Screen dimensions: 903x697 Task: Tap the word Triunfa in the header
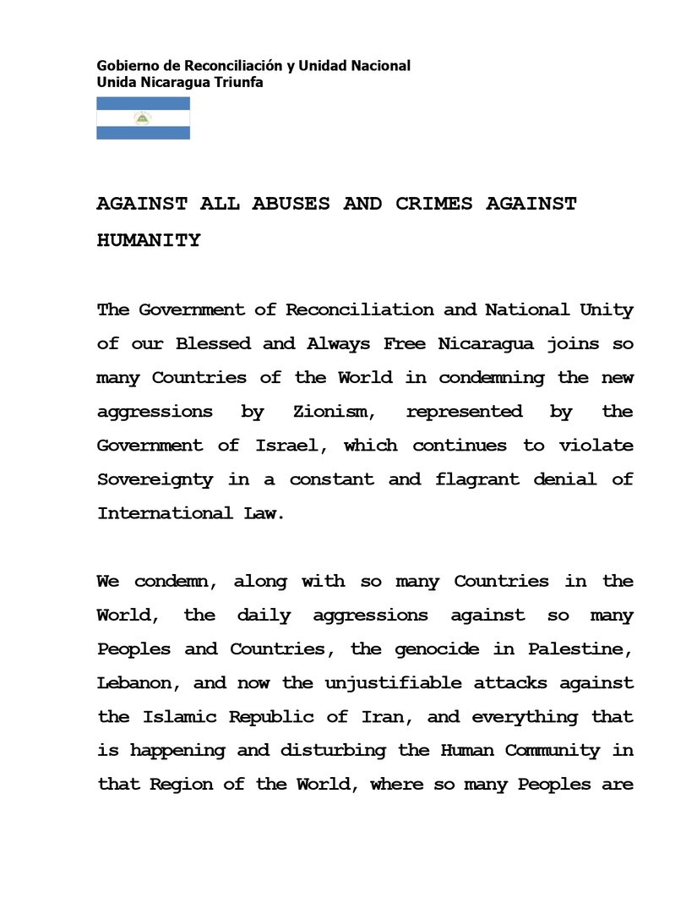click(x=241, y=83)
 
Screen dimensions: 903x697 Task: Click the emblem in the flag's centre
click(x=143, y=118)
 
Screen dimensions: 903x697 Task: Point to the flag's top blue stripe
click(x=143, y=104)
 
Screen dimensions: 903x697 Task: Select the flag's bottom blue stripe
click(x=143, y=133)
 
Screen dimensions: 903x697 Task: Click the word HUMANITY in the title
click(x=149, y=241)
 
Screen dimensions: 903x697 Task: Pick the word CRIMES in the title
click(x=434, y=205)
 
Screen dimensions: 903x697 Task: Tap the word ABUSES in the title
click(x=291, y=205)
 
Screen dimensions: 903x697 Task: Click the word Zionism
click(x=330, y=412)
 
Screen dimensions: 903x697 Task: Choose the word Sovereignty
click(x=155, y=479)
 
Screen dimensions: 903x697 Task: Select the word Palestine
click(x=580, y=649)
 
